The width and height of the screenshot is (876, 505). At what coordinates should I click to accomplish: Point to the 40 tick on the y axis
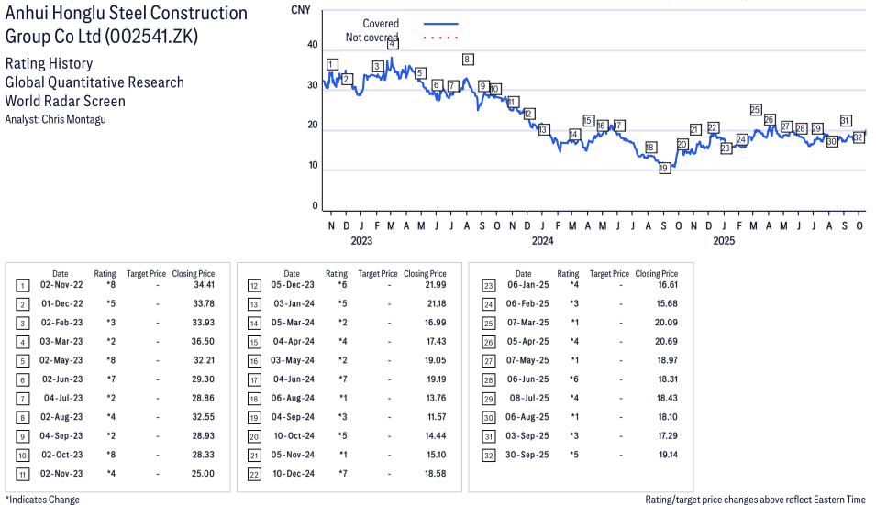(x=313, y=45)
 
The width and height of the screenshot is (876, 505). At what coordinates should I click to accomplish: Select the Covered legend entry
(x=381, y=23)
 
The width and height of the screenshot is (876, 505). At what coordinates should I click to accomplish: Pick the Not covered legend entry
(x=371, y=38)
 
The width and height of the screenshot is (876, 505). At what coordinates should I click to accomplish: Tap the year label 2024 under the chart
(x=542, y=241)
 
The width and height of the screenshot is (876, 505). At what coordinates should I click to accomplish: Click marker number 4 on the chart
(x=393, y=44)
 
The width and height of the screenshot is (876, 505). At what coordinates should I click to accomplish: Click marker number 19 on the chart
(x=664, y=168)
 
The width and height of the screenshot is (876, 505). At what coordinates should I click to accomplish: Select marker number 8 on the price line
(x=468, y=60)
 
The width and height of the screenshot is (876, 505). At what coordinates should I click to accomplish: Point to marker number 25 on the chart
(x=756, y=110)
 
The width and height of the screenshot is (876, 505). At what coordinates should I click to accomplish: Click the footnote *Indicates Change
(x=42, y=500)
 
